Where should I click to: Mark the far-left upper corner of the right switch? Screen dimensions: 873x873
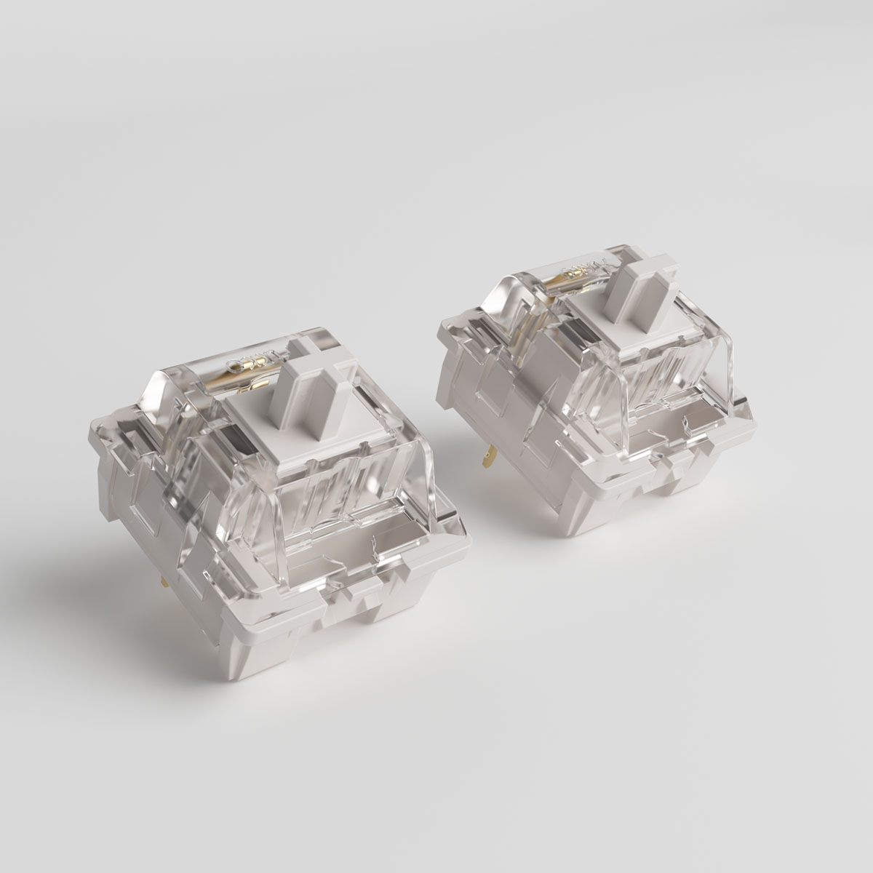440,331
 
